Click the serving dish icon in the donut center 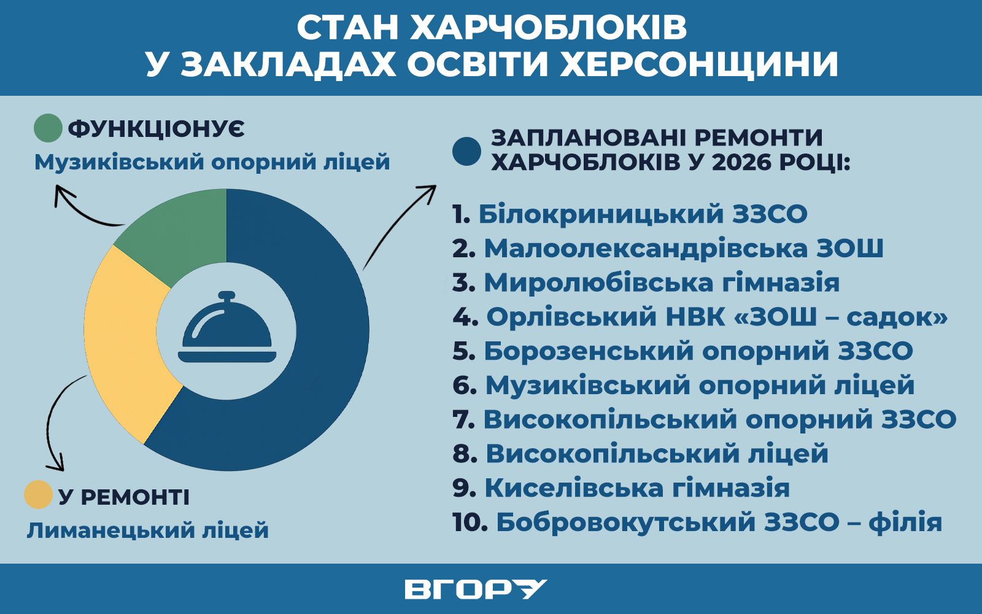(227, 327)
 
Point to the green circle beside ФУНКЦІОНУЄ (48, 128)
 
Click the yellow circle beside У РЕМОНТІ (39, 495)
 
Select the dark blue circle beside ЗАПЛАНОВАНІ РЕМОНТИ (467, 151)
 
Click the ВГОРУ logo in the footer (476, 589)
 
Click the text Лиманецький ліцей (148, 530)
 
